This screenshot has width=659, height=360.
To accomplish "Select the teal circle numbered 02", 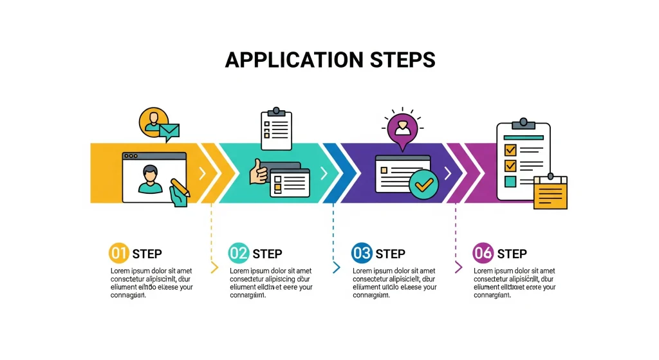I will [x=239, y=253].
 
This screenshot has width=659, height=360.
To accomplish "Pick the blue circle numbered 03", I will [x=362, y=253].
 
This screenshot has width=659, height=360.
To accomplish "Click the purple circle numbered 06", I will [x=483, y=253].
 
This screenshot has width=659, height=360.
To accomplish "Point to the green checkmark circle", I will [x=423, y=184].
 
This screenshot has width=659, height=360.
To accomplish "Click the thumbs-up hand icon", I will [x=259, y=172].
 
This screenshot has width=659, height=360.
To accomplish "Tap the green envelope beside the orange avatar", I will [x=170, y=132].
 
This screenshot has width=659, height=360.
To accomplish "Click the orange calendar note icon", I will [x=551, y=193].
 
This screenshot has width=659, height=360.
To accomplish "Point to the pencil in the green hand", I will [x=180, y=187].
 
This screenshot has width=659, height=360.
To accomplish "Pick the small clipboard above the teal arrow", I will [x=276, y=128].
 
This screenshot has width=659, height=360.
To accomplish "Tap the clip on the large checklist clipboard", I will [x=523, y=122].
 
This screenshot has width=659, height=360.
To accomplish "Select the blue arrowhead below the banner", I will [x=336, y=267].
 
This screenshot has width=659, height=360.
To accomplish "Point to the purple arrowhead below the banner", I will [x=458, y=267].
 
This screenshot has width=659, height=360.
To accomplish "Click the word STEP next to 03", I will [x=390, y=254].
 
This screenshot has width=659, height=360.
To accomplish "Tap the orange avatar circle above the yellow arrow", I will [x=153, y=120].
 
